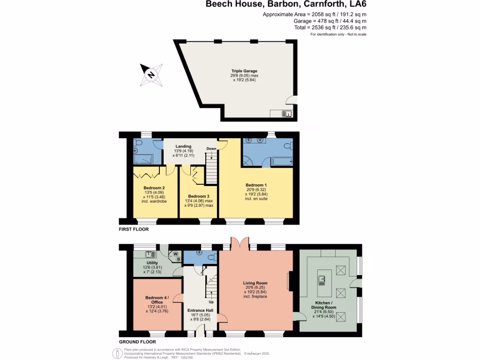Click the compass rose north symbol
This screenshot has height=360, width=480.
[151, 75]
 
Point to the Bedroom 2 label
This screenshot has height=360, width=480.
[154, 187]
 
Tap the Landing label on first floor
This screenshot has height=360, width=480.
[183, 147]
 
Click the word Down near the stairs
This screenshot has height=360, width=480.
[211, 149]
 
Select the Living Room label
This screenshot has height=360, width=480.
[255, 283]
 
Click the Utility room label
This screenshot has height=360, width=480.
[152, 263]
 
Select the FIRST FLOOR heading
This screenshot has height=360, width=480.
[134, 230]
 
